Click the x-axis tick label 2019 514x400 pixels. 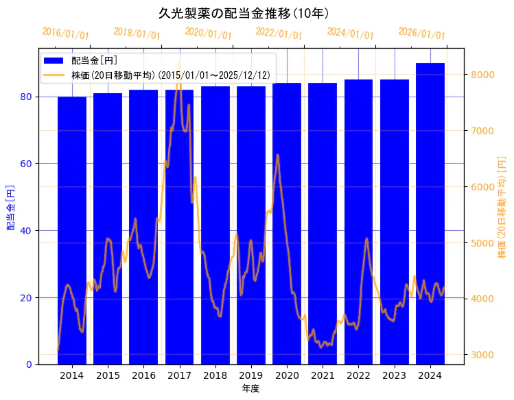tap(251, 376)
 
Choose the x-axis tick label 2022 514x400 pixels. tap(358, 376)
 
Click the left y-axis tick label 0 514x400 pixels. tap(30, 364)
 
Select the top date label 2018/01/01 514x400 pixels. tap(137, 34)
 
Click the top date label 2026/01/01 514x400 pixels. tap(422, 34)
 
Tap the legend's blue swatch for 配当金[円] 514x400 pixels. tap(54, 61)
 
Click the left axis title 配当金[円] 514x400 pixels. tap(10, 208)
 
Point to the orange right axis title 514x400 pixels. tap(502, 208)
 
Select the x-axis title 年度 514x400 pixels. tap(250, 388)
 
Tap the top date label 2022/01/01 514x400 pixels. tap(279, 34)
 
